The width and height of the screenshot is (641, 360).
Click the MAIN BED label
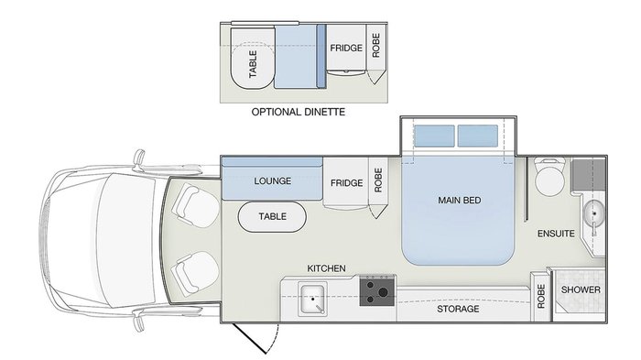(460, 201)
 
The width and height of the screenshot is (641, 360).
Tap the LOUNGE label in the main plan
(273, 181)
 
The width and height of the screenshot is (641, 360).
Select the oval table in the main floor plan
(272, 217)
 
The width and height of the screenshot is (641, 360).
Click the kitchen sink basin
(311, 298)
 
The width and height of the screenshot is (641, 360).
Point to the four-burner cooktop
(376, 291)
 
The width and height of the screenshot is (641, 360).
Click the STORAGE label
(458, 310)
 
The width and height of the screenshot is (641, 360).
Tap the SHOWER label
(581, 290)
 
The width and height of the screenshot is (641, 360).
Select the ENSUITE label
(556, 234)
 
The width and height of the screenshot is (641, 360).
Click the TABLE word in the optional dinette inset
(254, 65)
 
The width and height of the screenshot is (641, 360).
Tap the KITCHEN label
(326, 268)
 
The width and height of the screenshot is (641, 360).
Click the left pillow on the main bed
(435, 136)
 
